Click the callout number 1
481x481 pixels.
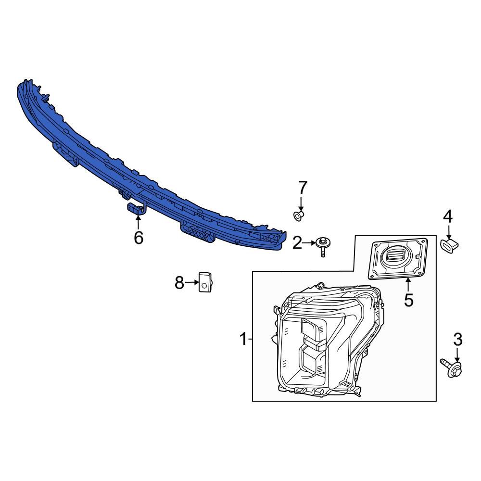click(x=243, y=339)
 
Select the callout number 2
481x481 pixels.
click(x=297, y=243)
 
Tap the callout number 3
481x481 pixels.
click(x=458, y=340)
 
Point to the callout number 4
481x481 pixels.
click(x=448, y=217)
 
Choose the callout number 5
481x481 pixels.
click(x=408, y=300)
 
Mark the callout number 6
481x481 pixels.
click(x=139, y=238)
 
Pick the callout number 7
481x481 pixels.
click(x=303, y=188)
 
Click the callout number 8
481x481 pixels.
click(x=179, y=282)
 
